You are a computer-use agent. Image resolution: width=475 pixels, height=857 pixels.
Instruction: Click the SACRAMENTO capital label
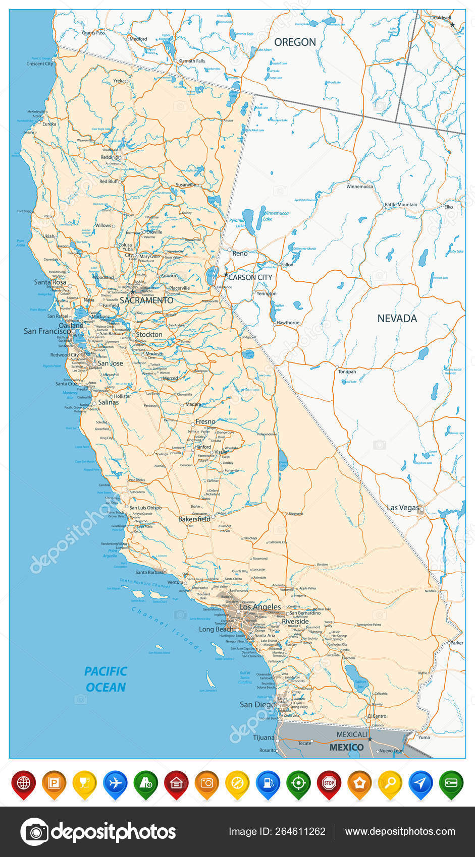point(146,300)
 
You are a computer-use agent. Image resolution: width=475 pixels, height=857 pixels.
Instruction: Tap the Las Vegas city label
point(402,508)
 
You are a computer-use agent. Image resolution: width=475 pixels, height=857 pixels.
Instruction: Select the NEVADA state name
point(397,318)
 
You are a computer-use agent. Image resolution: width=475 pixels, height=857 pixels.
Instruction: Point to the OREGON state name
point(295,42)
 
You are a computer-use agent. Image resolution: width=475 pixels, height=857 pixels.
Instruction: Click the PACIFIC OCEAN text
point(105,679)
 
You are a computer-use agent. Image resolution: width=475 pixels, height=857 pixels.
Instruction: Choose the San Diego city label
point(257,704)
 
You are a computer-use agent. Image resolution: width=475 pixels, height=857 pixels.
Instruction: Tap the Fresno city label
point(205,421)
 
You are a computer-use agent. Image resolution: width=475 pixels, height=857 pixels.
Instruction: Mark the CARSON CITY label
point(250,277)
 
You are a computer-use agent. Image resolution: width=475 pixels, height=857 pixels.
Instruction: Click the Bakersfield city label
point(194,519)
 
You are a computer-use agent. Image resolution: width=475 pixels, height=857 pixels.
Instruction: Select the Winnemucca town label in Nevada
point(359,187)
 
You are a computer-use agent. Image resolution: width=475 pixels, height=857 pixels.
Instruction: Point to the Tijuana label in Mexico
point(263,738)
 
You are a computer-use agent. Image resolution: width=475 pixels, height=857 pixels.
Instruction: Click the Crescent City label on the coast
point(39,64)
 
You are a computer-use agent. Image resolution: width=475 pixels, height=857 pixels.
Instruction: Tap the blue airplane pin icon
point(116,783)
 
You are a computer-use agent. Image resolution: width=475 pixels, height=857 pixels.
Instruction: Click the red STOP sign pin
point(329,783)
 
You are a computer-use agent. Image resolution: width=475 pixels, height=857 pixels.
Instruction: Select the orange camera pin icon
point(207,783)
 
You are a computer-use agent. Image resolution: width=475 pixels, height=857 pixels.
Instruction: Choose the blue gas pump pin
point(268,783)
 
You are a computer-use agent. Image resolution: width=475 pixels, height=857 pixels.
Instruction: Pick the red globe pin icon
point(24,783)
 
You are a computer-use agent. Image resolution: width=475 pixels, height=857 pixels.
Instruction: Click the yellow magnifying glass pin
point(390,783)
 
